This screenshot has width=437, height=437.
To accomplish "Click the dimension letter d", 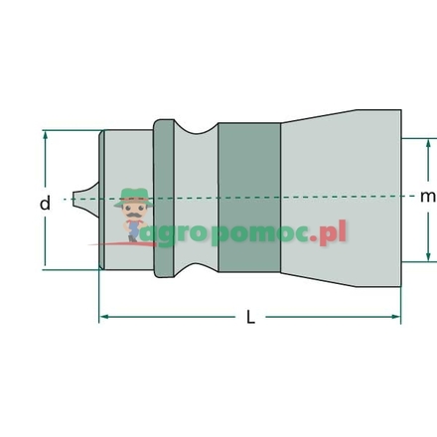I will point(44,204).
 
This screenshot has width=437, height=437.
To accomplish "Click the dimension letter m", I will point(427,197).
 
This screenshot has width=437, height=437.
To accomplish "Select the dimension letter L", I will point(250,318).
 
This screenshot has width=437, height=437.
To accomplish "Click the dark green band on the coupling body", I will point(248,199).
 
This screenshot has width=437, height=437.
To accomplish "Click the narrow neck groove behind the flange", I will point(197,199).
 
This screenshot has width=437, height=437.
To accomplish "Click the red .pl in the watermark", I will point(333,234).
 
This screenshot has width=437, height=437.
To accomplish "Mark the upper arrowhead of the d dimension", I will point(46,134).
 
